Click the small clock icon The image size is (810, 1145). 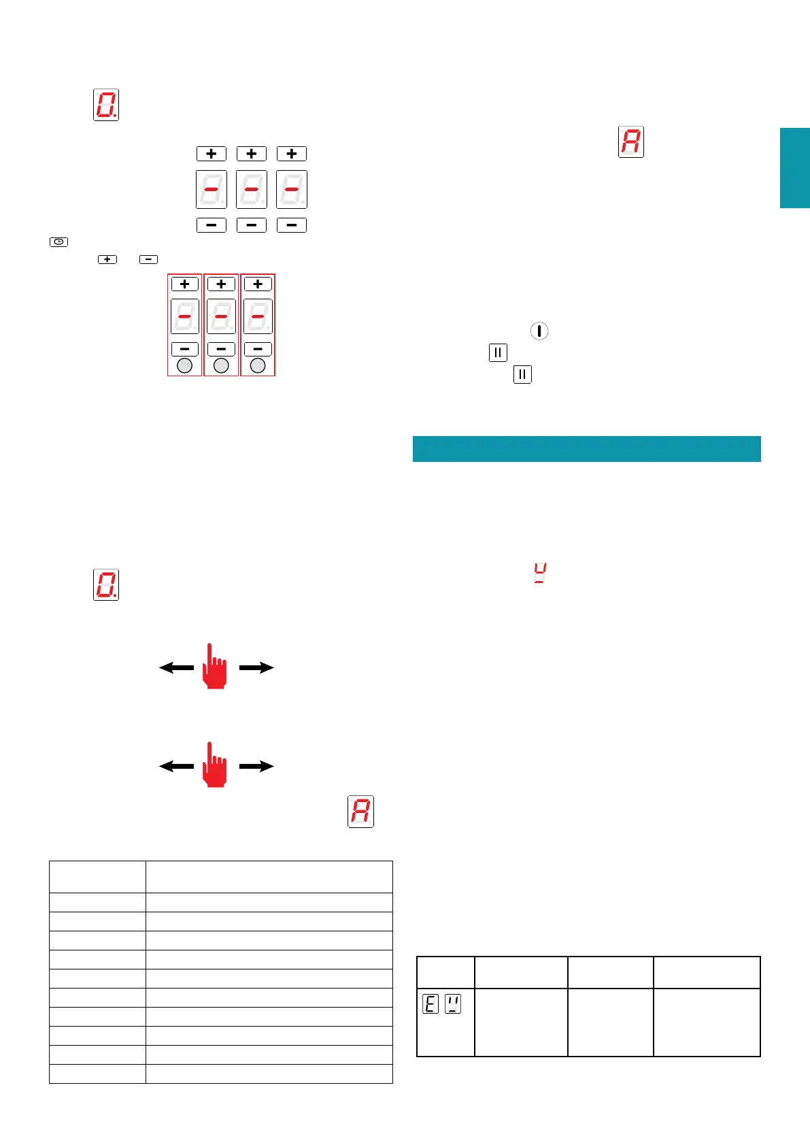[59, 242]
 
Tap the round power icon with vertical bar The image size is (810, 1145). [539, 331]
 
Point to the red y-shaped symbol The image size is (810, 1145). [540, 574]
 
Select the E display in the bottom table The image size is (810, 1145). [431, 1003]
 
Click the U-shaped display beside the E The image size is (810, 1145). [452, 1003]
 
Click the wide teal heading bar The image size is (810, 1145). [586, 449]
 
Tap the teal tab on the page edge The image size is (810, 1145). [794, 167]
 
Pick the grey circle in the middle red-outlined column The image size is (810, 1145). [221, 366]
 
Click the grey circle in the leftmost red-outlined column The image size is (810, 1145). [184, 366]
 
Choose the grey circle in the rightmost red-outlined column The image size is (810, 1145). [258, 366]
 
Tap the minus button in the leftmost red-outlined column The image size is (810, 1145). [184, 349]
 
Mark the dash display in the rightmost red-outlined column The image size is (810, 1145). [258, 316]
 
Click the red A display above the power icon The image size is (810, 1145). [631, 142]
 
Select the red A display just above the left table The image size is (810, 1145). [360, 811]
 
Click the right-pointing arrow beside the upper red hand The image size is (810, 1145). [256, 668]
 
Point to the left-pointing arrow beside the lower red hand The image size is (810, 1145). [176, 766]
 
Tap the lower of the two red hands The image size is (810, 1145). [215, 765]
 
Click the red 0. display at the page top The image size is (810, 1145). [106, 105]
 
